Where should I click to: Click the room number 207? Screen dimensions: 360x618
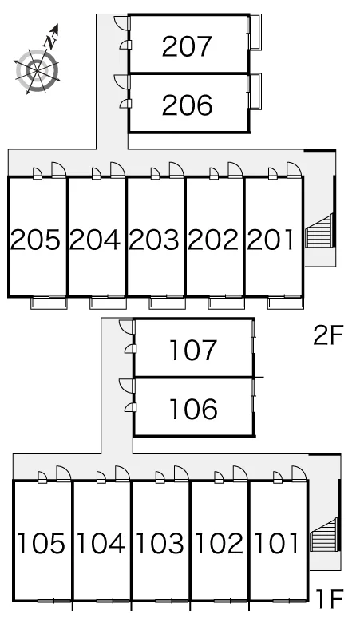click(187, 46)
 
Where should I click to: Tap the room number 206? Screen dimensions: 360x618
click(187, 105)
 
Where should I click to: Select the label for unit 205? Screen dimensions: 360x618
click(35, 240)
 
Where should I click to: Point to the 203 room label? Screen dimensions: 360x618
click(154, 240)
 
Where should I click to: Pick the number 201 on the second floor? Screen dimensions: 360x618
click(271, 240)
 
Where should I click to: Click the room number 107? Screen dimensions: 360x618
click(193, 350)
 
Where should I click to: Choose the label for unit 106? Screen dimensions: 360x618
click(193, 408)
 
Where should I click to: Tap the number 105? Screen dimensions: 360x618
click(42, 543)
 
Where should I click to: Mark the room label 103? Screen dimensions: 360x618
click(160, 543)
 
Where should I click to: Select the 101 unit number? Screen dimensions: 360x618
click(276, 543)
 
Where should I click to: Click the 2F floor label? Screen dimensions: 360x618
click(328, 335)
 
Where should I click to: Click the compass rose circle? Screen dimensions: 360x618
click(38, 71)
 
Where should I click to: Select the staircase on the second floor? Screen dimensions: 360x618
click(319, 232)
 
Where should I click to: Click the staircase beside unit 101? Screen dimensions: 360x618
click(325, 534)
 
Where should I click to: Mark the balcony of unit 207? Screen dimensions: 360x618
click(255, 32)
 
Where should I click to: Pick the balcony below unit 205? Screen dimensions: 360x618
click(49, 303)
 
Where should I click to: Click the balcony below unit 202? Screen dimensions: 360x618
click(226, 303)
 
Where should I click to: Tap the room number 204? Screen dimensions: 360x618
click(94, 240)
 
